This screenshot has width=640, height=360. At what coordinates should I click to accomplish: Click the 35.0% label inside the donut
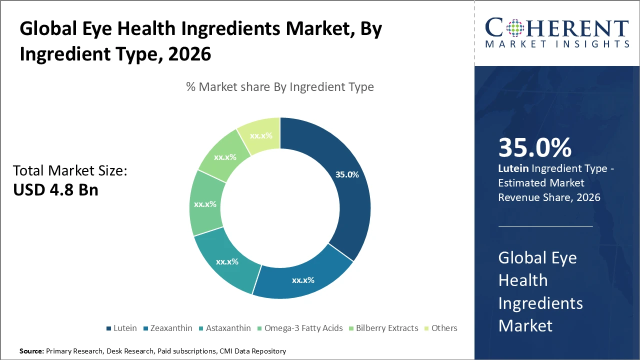click(x=347, y=174)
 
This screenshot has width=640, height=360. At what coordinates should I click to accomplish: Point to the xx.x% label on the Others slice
click(x=261, y=135)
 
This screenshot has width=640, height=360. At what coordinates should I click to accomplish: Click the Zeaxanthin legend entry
click(x=168, y=328)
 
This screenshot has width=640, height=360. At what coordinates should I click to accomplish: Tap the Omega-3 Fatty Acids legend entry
click(x=300, y=328)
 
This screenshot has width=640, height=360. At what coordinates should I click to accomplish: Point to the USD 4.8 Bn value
click(x=55, y=189)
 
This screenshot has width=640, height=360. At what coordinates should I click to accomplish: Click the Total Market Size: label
click(x=70, y=171)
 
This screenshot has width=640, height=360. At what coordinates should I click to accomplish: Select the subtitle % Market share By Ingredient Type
click(x=280, y=87)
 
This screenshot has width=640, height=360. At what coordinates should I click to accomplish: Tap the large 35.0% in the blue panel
click(x=534, y=147)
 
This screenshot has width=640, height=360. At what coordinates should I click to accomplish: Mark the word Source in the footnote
click(x=31, y=351)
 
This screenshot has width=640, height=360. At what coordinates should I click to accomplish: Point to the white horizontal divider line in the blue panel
click(x=545, y=226)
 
